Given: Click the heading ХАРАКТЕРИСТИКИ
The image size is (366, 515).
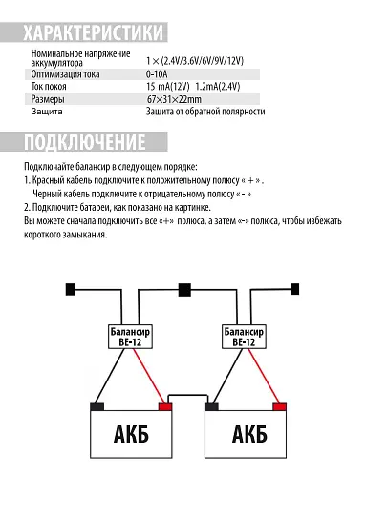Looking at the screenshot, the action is click(94, 32).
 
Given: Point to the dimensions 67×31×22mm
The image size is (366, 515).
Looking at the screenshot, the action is click(174, 98).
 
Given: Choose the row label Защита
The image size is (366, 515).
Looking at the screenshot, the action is click(47, 112).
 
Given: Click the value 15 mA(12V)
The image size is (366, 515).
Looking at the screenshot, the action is click(167, 86).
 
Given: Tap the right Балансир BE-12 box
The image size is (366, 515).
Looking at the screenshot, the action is click(245, 336).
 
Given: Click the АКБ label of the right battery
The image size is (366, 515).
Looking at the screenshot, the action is click(248, 437).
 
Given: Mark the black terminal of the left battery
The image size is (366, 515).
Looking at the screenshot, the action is click(97, 406).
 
